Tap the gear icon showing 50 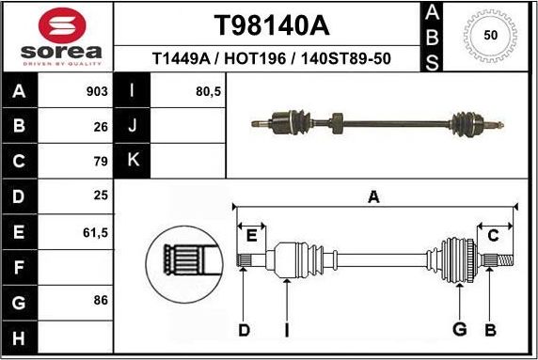pos(490,36)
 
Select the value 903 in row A pos(97,91)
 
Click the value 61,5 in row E pos(95,230)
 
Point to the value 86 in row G pos(101,300)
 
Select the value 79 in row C pos(101,161)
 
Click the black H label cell pos(20,336)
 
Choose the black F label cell pos(20,266)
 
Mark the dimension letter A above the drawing pos(373,197)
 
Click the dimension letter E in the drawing pos(251,235)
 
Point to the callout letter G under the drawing pos(460,329)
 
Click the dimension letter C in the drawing pos(492,235)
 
